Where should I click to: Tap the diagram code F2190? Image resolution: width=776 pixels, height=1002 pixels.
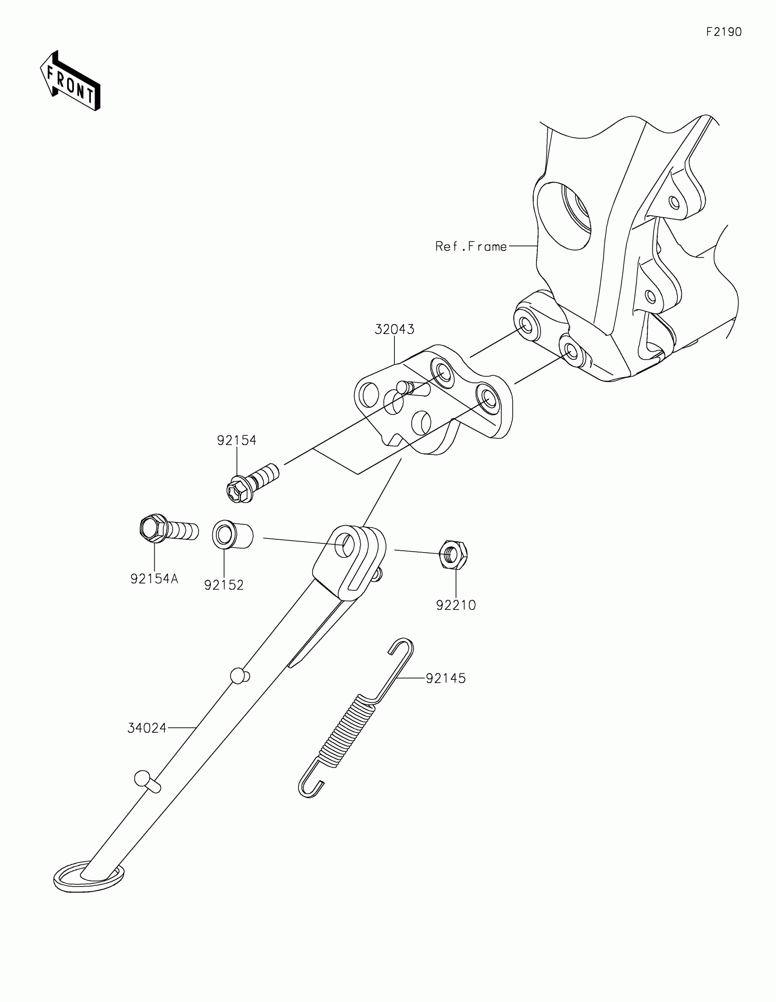tap(723, 32)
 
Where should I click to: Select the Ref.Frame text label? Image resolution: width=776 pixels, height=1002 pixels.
tap(471, 247)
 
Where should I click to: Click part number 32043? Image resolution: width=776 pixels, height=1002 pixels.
tap(394, 329)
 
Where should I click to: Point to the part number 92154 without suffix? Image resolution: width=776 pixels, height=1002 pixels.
tap(236, 440)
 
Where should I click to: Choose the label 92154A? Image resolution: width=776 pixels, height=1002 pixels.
tap(154, 579)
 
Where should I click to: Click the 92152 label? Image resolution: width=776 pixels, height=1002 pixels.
tap(224, 585)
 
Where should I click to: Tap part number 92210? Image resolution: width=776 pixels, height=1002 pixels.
tap(456, 605)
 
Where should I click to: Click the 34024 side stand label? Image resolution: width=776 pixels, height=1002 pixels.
tap(147, 728)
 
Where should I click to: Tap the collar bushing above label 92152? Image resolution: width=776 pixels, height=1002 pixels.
tap(232, 535)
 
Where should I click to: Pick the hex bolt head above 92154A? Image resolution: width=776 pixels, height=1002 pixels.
tap(151, 528)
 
